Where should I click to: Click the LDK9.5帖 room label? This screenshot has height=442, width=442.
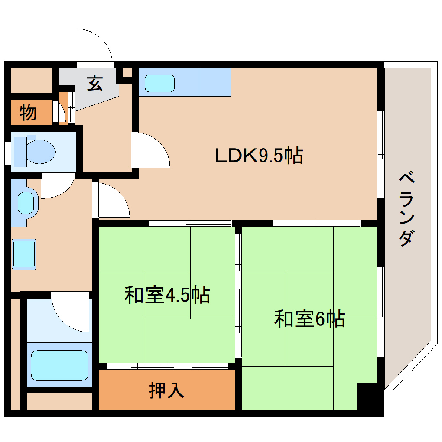[x=259, y=156]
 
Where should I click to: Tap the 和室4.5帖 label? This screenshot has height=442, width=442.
[x=167, y=295]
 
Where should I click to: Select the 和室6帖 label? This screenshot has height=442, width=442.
[x=309, y=319]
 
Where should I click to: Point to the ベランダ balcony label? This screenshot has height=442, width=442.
[x=406, y=209]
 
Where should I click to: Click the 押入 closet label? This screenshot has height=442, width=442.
[x=166, y=390]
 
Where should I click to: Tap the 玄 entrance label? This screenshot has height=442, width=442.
[x=95, y=83]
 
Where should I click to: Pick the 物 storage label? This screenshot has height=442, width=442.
[x=28, y=113]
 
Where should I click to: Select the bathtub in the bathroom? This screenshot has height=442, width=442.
[x=59, y=365]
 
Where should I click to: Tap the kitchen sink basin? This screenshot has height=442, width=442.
[x=159, y=83]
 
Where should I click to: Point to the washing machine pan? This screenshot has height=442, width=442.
[x=24, y=254]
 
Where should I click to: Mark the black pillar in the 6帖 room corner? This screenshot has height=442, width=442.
[x=369, y=396]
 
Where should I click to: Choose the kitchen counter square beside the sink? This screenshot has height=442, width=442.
[x=214, y=82]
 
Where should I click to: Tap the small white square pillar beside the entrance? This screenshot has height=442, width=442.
[x=127, y=72]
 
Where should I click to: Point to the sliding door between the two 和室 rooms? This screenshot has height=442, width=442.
[x=238, y=295]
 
